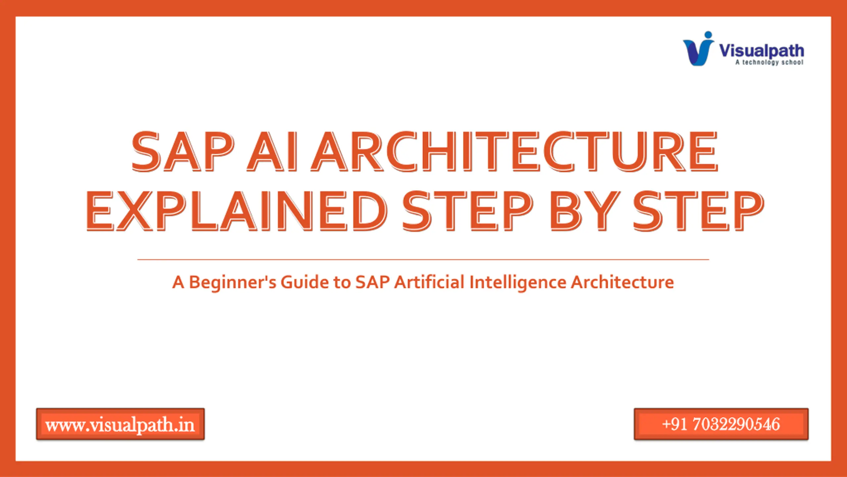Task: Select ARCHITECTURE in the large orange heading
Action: coord(514,151)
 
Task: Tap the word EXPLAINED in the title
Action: coord(236,211)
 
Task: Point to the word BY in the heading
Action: coord(584,211)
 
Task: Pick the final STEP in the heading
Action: coord(698,211)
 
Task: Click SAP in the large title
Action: coord(182,151)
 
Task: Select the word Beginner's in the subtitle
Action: coord(232,283)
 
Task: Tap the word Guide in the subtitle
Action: coord(305,282)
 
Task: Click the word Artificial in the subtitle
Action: coord(429,282)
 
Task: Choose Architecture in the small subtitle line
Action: coord(623,282)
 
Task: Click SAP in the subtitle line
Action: coord(372,282)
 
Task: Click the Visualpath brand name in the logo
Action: coord(761,51)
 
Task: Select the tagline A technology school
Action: coord(769,62)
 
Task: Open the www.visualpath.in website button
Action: coord(120,424)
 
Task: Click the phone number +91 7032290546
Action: coord(721,424)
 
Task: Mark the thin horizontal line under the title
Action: coord(423,260)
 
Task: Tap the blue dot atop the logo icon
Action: coord(708,35)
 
